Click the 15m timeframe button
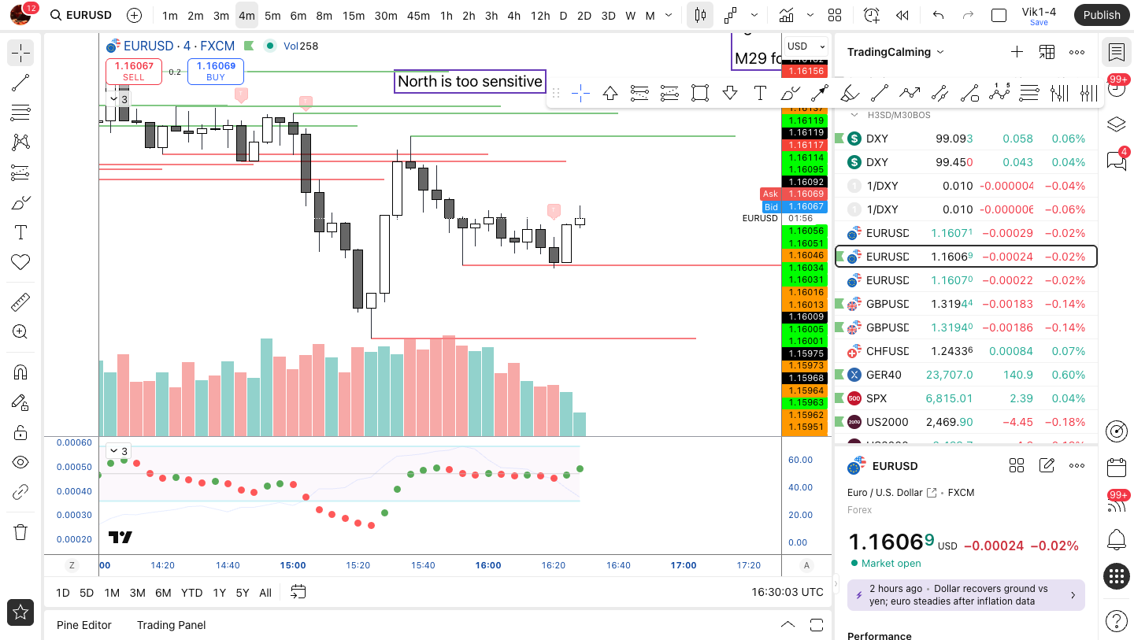(354, 15)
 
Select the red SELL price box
(134, 71)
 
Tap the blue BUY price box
(216, 71)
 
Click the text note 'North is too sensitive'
(469, 81)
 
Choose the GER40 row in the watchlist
(884, 375)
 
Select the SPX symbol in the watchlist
(876, 398)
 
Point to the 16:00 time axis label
(488, 565)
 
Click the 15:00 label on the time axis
(293, 565)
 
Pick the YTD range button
(191, 593)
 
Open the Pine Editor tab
(84, 625)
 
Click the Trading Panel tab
(171, 625)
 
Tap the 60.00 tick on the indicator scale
(800, 460)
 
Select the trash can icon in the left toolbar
(20, 532)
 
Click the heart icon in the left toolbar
(20, 262)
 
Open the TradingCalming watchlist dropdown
(895, 52)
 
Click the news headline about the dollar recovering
(958, 595)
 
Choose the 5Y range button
(243, 593)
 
